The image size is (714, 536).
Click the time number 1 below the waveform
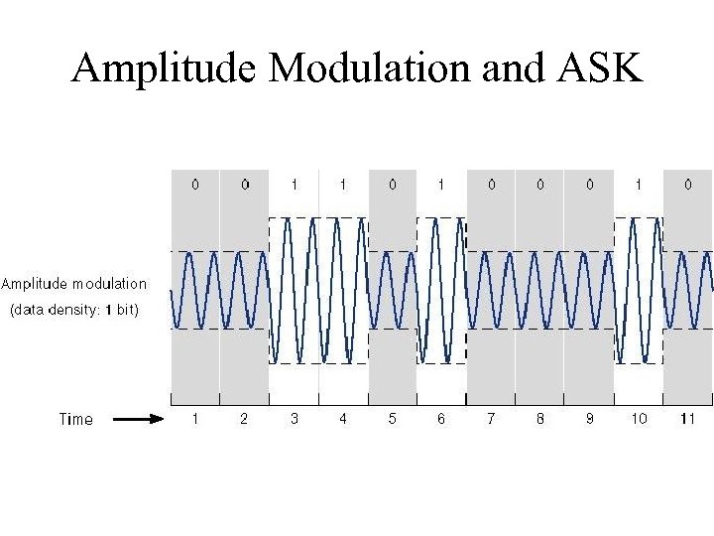pyautogui.click(x=195, y=419)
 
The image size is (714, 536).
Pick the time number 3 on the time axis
pyautogui.click(x=294, y=419)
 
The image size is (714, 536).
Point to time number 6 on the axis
pyautogui.click(x=441, y=419)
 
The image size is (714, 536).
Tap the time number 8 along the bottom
pyautogui.click(x=539, y=419)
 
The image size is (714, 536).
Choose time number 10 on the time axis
pyautogui.click(x=639, y=419)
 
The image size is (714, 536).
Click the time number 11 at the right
pyautogui.click(x=687, y=419)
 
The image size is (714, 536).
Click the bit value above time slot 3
pyautogui.click(x=294, y=185)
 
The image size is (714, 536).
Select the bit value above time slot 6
pyautogui.click(x=441, y=185)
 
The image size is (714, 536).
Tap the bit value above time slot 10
pyautogui.click(x=639, y=185)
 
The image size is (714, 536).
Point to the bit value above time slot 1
pyautogui.click(x=195, y=185)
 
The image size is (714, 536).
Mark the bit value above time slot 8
pyautogui.click(x=539, y=185)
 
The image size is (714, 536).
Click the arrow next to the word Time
pyautogui.click(x=138, y=419)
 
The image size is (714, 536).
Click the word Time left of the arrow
pyautogui.click(x=76, y=419)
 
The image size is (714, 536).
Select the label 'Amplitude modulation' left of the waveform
pyautogui.click(x=74, y=284)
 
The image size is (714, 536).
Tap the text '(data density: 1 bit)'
pyautogui.click(x=75, y=310)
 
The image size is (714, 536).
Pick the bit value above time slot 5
pyautogui.click(x=392, y=185)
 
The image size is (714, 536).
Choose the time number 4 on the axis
pyautogui.click(x=343, y=419)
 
